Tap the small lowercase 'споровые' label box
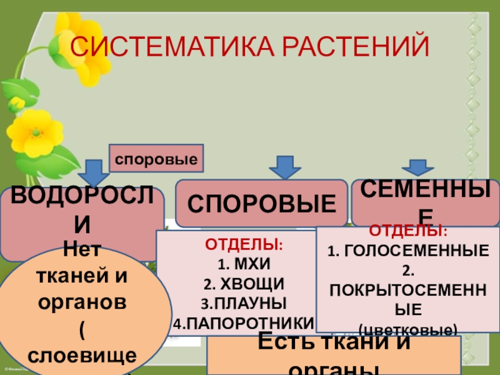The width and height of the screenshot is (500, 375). point(156,159)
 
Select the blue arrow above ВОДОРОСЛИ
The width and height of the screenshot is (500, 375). point(95,172)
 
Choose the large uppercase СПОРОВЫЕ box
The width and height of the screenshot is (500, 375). point(261,203)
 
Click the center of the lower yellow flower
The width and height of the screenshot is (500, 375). point(35,133)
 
